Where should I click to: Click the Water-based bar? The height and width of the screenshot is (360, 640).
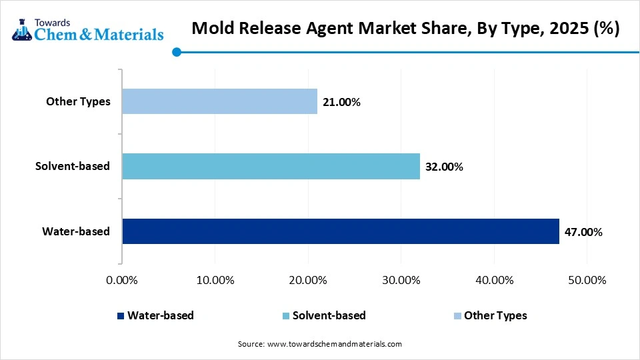click(341, 231)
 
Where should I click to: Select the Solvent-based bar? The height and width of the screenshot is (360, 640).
click(271, 166)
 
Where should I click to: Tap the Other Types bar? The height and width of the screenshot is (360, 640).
click(220, 101)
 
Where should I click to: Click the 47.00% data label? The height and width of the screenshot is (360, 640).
click(583, 232)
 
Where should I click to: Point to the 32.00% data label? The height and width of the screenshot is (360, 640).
click(443, 167)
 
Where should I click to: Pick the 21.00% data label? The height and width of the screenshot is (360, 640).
click(341, 102)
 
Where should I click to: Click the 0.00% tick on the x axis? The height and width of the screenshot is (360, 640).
click(121, 280)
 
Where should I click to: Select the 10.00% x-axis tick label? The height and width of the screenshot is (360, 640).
click(215, 280)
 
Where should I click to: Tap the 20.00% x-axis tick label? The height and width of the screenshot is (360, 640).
click(307, 280)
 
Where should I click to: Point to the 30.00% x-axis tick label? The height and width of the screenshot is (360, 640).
click(401, 280)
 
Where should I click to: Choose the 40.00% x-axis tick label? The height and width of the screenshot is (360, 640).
click(493, 280)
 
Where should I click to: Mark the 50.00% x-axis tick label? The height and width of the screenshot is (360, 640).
click(587, 280)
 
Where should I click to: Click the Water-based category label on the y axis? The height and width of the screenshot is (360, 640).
click(76, 231)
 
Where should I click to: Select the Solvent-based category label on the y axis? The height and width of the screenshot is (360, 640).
click(73, 166)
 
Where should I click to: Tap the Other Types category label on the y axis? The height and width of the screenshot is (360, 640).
click(78, 101)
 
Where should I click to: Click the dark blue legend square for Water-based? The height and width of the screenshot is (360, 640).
click(120, 316)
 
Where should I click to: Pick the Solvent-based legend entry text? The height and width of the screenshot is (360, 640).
click(329, 315)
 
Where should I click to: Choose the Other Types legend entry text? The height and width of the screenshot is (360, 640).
click(495, 315)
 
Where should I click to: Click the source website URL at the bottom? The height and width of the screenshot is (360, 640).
click(334, 344)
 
